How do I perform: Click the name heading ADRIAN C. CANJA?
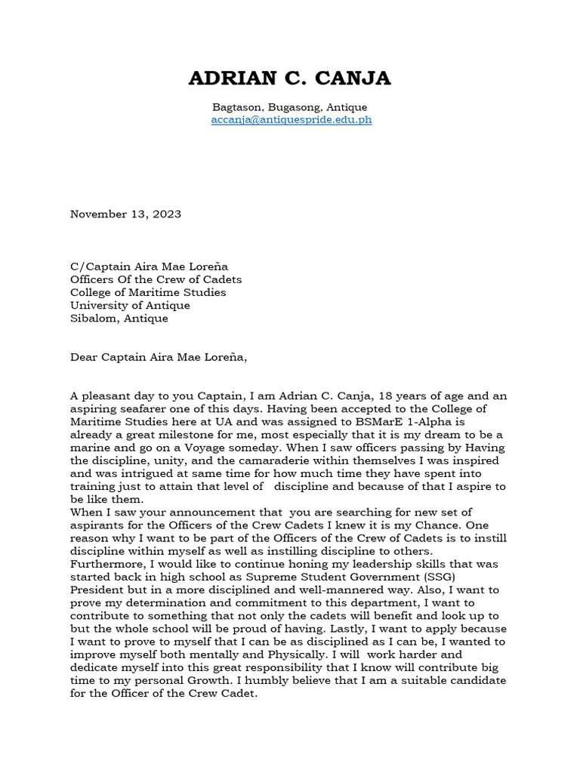click(290, 78)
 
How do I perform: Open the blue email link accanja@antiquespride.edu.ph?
click(292, 119)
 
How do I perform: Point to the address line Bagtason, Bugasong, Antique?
click(290, 107)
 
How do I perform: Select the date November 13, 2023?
click(125, 214)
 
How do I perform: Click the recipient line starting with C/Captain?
click(149, 266)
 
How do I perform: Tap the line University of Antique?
click(130, 305)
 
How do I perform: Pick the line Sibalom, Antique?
click(119, 318)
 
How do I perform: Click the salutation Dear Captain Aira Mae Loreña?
click(159, 357)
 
